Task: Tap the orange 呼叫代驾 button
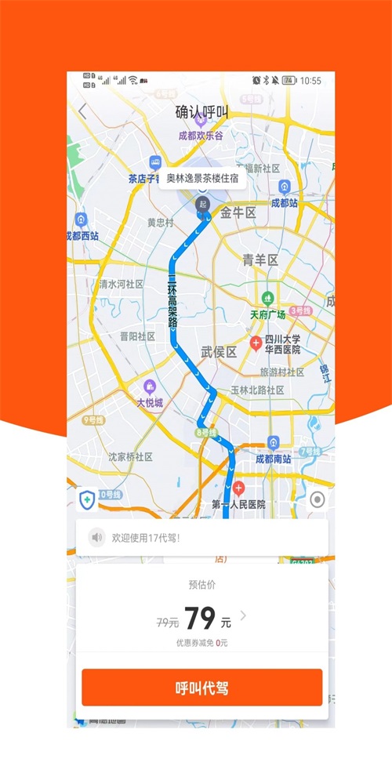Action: coord(201,688)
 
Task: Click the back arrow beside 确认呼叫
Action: coord(83,111)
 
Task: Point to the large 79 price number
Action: coord(200,619)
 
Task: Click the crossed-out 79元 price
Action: coord(168,622)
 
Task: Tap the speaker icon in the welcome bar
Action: coord(97,538)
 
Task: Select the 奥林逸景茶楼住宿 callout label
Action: coord(202,177)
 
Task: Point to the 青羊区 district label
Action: coord(260,260)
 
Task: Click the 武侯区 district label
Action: coord(219,352)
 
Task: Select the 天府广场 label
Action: coord(268,314)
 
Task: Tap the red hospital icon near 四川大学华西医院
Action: coord(256,343)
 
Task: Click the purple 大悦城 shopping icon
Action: coord(149,386)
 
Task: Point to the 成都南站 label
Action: coord(274,459)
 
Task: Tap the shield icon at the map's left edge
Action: coord(86,499)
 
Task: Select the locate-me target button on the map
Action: coord(318,500)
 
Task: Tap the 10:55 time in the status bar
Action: coord(310,80)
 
